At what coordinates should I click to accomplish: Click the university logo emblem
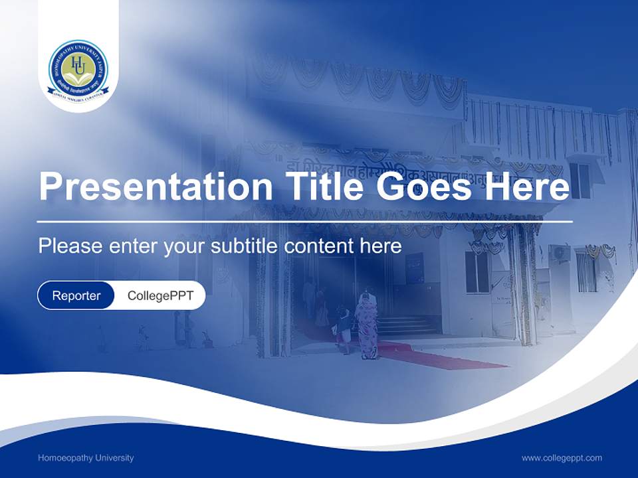pyautogui.click(x=78, y=69)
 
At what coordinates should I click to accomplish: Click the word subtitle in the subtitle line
pyautogui.click(x=245, y=246)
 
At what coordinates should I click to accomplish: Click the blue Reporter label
pyautogui.click(x=76, y=295)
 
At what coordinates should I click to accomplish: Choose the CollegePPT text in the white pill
pyautogui.click(x=160, y=295)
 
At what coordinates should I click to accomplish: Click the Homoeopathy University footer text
pyautogui.click(x=86, y=458)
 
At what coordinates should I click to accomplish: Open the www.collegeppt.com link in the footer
pyautogui.click(x=562, y=458)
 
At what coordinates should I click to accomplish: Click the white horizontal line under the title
pyautogui.click(x=304, y=221)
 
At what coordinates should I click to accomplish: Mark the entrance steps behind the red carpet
pyautogui.click(x=405, y=325)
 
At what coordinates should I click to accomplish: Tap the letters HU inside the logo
pyautogui.click(x=78, y=64)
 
